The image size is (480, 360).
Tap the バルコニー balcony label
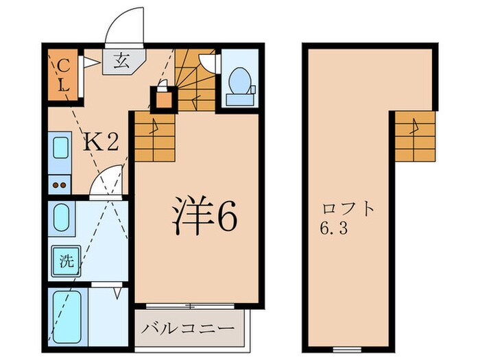click(x=189, y=327)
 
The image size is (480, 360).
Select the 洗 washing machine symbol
click(x=65, y=261)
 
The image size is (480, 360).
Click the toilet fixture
click(x=240, y=85)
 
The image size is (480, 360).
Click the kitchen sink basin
click(x=60, y=152)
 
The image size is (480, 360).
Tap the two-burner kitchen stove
click(x=59, y=184)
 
